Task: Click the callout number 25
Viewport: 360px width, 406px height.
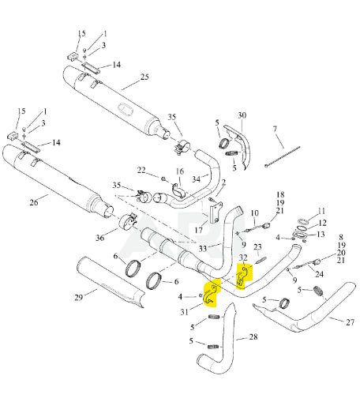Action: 144,77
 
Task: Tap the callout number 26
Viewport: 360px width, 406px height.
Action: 34,202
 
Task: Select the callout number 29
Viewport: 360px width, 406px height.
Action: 78,298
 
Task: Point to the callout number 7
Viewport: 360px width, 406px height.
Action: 275,129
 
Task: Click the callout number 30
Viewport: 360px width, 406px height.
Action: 242,115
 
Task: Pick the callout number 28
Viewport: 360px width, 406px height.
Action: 253,336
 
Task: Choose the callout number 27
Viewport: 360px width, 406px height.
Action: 350,322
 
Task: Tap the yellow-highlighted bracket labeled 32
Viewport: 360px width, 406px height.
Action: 242,276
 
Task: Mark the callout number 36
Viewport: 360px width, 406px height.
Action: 99,238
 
